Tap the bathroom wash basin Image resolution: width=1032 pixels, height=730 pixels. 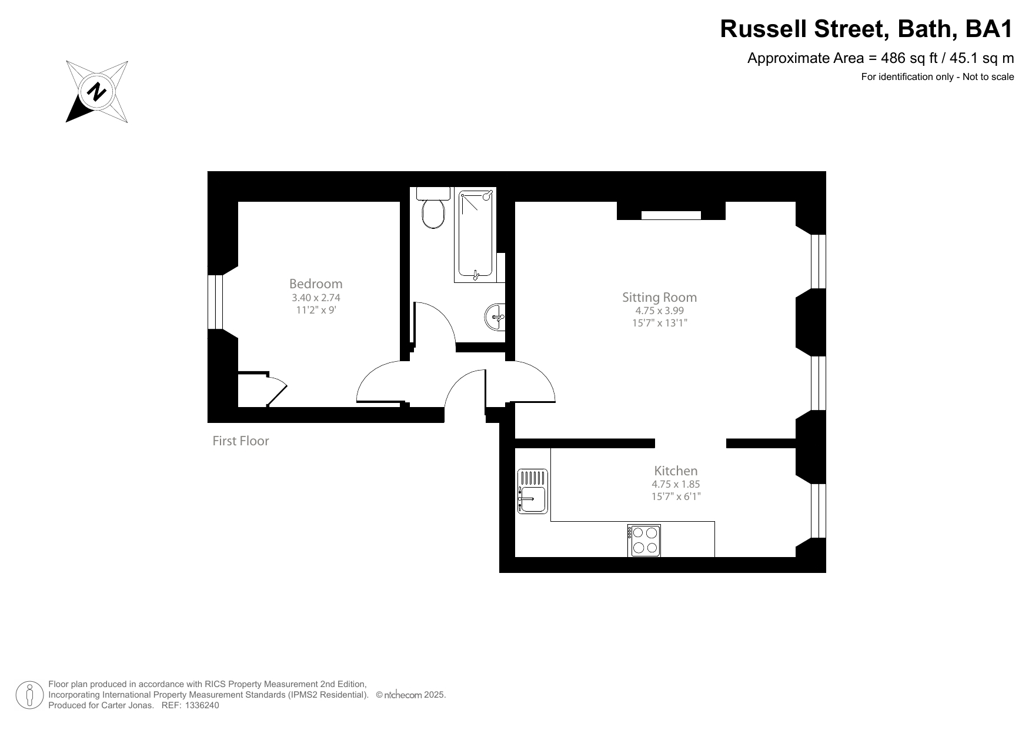496,318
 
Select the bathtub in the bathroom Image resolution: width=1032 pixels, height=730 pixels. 476,235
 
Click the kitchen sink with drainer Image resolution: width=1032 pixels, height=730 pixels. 532,491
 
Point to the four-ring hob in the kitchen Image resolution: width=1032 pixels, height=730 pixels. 644,540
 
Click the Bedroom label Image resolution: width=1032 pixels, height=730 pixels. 316,284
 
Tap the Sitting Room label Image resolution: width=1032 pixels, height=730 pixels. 659,297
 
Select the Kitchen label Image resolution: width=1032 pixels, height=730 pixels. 676,471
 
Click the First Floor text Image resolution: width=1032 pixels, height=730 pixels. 241,441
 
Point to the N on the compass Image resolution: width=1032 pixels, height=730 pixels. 97,92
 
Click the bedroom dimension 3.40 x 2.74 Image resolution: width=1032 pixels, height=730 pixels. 316,298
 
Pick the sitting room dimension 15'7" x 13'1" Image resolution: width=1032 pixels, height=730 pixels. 659,323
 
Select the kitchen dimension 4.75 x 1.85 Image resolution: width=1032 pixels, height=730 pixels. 676,484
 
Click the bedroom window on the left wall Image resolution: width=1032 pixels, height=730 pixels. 215,302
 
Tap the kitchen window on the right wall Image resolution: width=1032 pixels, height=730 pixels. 818,511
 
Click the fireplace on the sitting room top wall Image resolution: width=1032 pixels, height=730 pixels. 671,215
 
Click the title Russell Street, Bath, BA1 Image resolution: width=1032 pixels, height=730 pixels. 867,29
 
